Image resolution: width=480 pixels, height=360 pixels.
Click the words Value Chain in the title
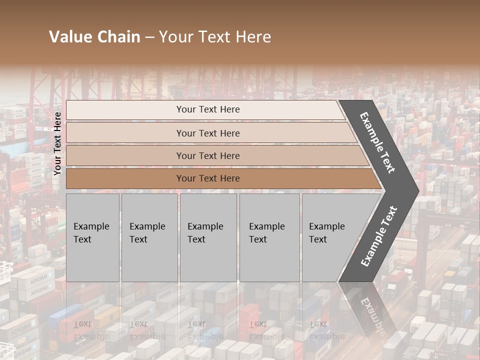[94, 37]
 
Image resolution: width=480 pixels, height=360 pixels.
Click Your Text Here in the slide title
[215, 37]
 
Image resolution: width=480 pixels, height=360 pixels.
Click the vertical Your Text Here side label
[57, 143]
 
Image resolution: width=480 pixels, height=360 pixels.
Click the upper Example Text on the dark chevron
[377, 142]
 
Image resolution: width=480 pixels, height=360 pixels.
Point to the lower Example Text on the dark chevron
[379, 236]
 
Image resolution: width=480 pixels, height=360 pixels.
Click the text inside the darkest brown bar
[208, 178]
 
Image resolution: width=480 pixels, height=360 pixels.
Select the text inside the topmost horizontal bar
[208, 109]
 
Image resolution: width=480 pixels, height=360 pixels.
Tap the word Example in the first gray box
[91, 226]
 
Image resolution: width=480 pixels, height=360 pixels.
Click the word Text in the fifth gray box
[318, 239]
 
